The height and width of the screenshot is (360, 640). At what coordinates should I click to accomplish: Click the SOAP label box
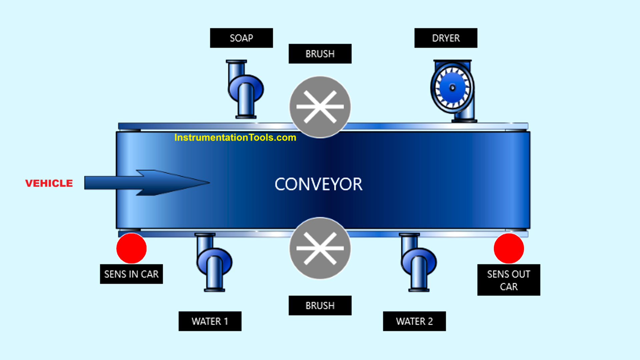241,38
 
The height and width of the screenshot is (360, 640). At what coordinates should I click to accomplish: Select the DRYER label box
446,38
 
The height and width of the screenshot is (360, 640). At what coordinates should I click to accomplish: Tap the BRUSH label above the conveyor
320,54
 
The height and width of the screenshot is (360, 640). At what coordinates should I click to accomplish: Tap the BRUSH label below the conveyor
320,305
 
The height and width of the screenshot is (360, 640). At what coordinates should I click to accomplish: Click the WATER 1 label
210,321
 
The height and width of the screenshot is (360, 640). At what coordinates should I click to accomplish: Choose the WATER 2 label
414,321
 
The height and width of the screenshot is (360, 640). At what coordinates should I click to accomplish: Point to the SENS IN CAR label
131,274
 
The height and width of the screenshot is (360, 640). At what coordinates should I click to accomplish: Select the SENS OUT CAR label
509,280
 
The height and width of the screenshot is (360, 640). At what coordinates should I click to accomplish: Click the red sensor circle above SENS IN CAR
131,249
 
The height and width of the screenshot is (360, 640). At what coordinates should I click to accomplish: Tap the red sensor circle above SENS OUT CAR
509,249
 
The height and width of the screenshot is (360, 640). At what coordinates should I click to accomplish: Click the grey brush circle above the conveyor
320,107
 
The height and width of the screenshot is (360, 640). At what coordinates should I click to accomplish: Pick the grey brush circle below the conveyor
320,248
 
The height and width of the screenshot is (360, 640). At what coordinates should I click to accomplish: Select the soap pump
245,89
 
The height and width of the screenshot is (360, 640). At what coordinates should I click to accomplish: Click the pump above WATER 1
214,262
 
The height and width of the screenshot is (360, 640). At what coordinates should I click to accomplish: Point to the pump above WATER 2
418,262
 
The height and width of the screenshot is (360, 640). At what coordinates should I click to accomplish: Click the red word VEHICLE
49,183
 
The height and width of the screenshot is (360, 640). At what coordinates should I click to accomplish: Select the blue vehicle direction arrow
147,183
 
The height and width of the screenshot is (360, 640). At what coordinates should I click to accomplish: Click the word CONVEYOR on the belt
318,184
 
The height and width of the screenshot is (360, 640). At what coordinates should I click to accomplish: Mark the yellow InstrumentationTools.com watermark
235,137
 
